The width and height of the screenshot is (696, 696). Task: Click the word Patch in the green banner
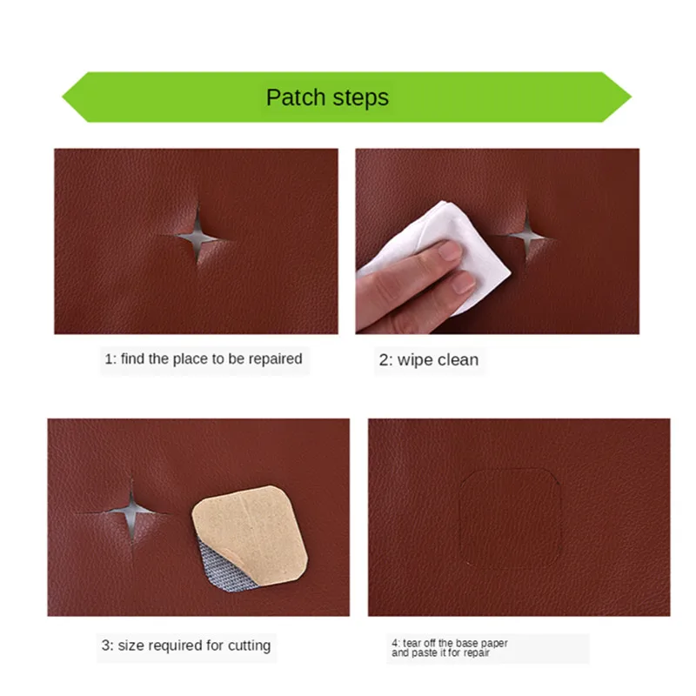coord(294,97)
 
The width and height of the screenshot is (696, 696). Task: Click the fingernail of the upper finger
coord(450,251)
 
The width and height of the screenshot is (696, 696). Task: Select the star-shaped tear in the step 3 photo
coord(133,510)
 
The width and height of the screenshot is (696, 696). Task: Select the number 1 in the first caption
coord(109,358)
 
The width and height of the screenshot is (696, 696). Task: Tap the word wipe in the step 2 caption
coord(416,360)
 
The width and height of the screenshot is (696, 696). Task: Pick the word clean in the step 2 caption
coord(458,360)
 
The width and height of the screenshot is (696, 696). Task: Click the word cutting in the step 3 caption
coord(249,646)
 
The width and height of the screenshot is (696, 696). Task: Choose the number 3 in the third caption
coord(104,646)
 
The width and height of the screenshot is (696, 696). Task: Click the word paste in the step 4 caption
coord(427,652)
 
